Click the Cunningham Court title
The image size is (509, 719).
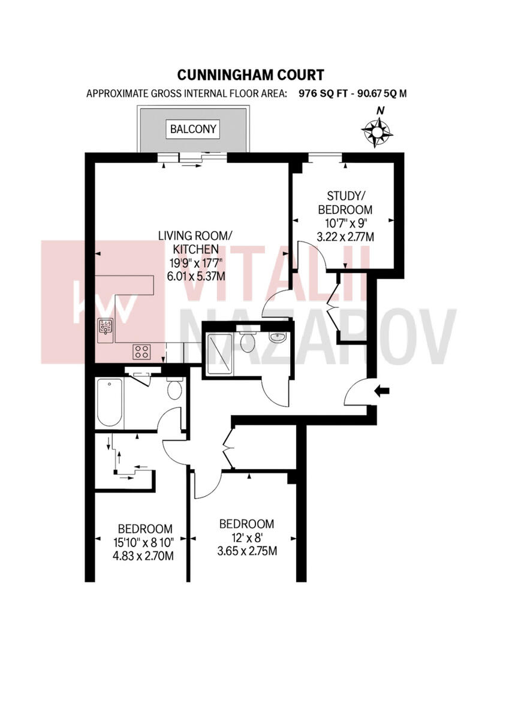coord(251,75)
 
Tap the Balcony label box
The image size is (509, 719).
coord(193,129)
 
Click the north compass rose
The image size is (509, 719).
coord(378,132)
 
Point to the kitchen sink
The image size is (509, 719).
coord(107,327)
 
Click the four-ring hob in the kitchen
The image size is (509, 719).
coord(141,351)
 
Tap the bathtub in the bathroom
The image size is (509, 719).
coord(110,401)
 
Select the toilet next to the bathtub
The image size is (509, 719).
coord(175,389)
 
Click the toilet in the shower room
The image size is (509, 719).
coord(247,342)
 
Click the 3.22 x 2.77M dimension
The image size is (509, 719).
coord(345,237)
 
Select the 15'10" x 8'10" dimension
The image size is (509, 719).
coord(145,543)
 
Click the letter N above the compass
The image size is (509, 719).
coord(379,110)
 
